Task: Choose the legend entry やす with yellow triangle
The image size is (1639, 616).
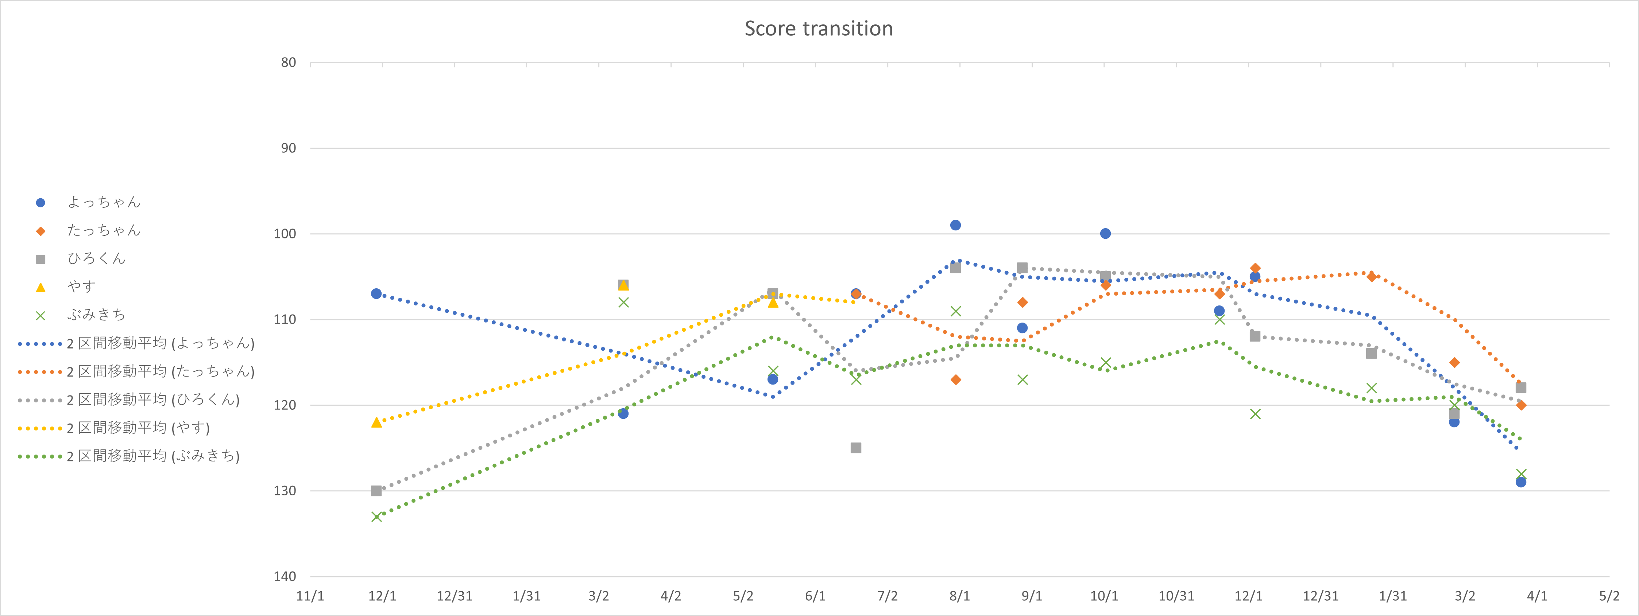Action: [x=81, y=287]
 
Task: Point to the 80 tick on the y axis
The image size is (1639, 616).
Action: [x=289, y=62]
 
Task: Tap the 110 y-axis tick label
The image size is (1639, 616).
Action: [x=285, y=319]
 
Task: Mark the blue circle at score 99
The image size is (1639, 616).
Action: [x=955, y=225]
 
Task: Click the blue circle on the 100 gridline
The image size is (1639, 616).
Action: [x=1105, y=233]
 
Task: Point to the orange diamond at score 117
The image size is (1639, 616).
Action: [x=955, y=379]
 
